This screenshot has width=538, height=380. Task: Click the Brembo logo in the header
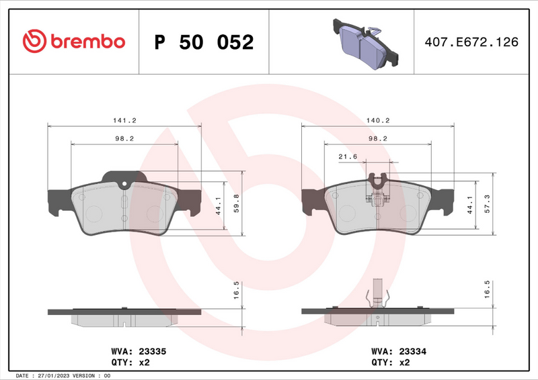click(x=73, y=42)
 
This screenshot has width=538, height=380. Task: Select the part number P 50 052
click(x=204, y=42)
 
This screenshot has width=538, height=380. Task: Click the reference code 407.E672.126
click(x=471, y=42)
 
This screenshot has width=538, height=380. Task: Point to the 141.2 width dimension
click(x=124, y=120)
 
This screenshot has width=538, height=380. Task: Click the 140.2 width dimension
click(x=378, y=120)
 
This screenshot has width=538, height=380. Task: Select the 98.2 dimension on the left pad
click(x=124, y=138)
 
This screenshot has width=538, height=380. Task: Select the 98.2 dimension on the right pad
click(x=378, y=138)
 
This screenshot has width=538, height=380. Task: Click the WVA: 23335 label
click(x=133, y=350)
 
